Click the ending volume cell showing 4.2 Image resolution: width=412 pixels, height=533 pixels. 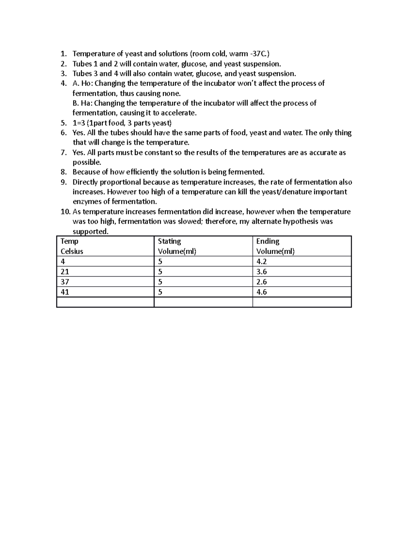261,262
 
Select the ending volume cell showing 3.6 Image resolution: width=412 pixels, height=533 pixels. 261,272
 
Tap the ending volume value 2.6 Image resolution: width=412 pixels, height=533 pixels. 261,282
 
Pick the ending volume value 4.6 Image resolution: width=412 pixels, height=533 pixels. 261,292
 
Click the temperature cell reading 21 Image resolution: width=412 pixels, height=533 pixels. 65,272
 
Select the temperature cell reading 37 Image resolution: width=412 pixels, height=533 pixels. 65,282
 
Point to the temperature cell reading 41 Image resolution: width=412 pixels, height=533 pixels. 65,292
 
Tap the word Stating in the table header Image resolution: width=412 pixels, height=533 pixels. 169,241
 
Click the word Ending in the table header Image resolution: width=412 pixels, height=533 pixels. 267,241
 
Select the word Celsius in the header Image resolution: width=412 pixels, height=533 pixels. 72,252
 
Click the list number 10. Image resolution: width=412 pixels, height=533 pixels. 65,212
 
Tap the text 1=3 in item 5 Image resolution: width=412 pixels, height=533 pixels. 79,123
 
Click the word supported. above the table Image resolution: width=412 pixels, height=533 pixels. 90,232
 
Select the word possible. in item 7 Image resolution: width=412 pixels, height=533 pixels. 87,162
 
